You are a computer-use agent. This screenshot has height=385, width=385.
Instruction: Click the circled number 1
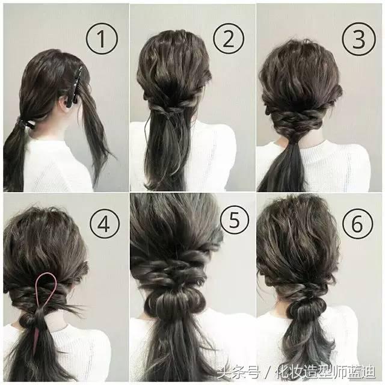coord(102,39)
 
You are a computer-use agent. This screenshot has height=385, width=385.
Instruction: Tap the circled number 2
coord(229,39)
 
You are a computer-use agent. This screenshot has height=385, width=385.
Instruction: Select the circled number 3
coord(359,39)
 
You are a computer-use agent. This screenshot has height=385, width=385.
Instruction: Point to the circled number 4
coord(105,224)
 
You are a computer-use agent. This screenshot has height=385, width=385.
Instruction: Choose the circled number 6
coord(358,224)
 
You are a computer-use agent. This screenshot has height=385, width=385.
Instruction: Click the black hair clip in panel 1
coord(75,87)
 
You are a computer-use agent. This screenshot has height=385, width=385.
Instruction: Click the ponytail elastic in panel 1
coord(25,123)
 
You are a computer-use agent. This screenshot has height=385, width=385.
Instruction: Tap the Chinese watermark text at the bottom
coord(297,372)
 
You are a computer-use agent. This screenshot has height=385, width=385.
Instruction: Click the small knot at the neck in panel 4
coord(28,319)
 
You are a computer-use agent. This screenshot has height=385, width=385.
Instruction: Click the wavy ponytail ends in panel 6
coord(310,343)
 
